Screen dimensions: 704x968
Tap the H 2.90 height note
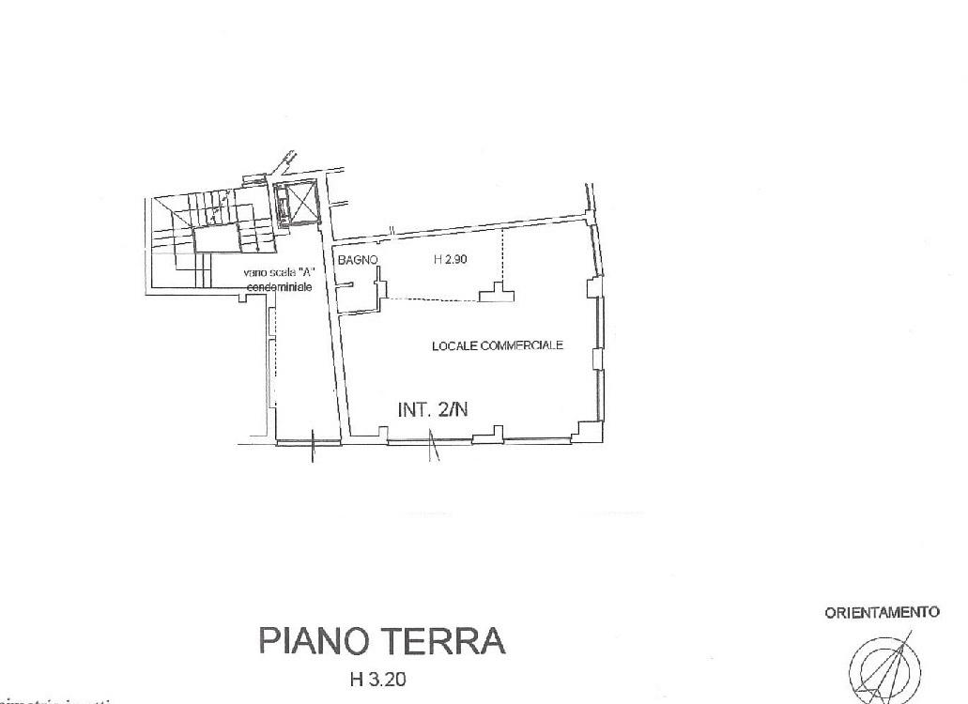pos(451,261)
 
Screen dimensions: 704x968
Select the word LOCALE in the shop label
pos(453,345)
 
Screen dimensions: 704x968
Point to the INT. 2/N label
pos(433,409)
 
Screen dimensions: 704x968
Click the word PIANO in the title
pos(315,642)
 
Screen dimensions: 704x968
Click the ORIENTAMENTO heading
pos(882,613)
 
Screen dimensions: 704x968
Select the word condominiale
pos(279,286)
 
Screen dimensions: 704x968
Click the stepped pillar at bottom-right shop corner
pos(588,430)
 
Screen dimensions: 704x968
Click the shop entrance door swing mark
pos(433,446)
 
